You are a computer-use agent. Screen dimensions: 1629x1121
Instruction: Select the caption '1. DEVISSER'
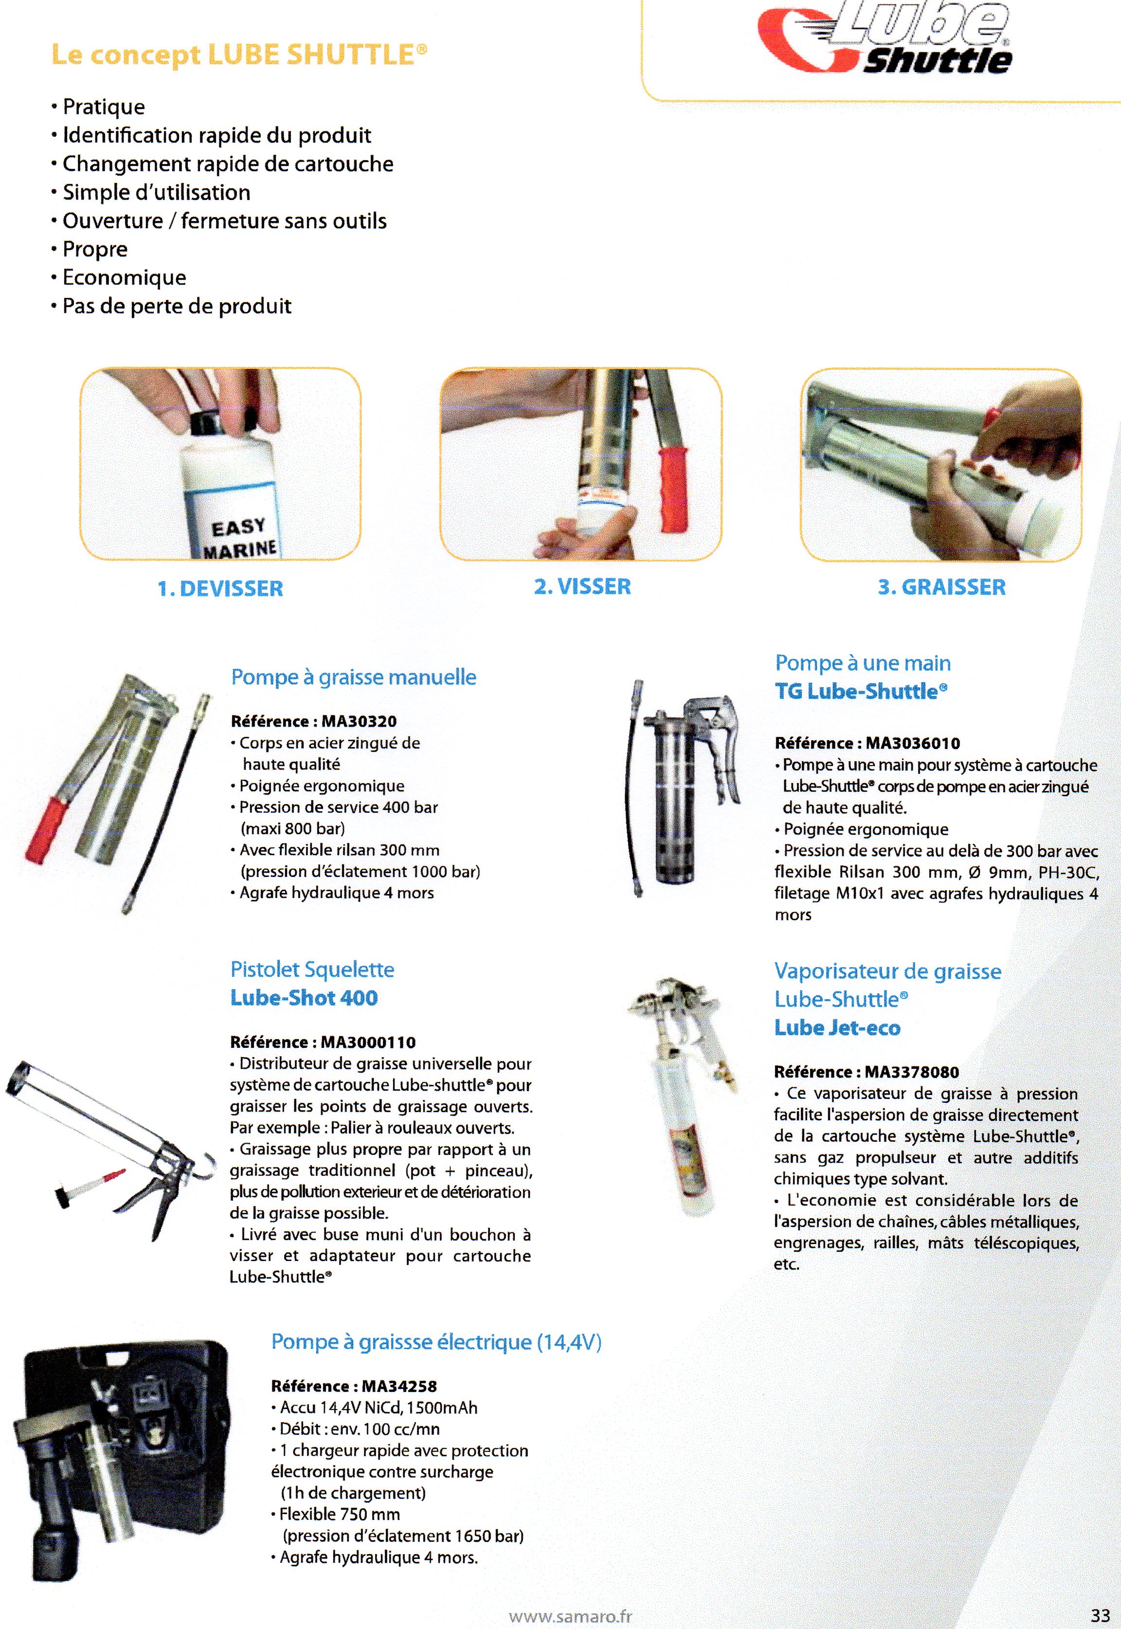(x=220, y=588)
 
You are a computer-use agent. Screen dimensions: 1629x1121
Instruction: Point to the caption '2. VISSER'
(x=582, y=586)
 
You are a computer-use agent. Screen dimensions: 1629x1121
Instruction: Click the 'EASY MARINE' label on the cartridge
(x=239, y=537)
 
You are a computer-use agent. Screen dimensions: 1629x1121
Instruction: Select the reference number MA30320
(x=359, y=721)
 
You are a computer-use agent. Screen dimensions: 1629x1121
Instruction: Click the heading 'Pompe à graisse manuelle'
(x=353, y=677)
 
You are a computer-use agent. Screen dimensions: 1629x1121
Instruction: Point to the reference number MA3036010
(x=912, y=743)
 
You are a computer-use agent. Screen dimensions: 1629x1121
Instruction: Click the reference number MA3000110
(x=368, y=1043)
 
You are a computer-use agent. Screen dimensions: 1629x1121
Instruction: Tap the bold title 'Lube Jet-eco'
(x=837, y=1028)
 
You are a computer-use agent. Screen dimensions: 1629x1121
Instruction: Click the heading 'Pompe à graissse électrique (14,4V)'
(x=436, y=1342)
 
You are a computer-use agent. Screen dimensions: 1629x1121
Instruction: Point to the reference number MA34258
(x=399, y=1387)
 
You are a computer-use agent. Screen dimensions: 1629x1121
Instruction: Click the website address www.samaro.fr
(x=570, y=1616)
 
